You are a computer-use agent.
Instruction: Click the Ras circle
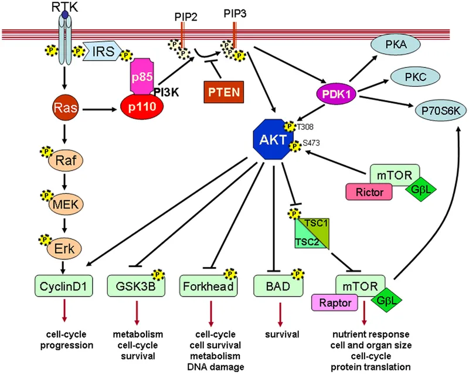(x=64, y=109)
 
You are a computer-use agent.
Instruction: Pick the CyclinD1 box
(x=64, y=287)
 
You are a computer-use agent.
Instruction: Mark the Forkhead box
(x=206, y=287)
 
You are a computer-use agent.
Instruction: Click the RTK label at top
(x=67, y=6)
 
